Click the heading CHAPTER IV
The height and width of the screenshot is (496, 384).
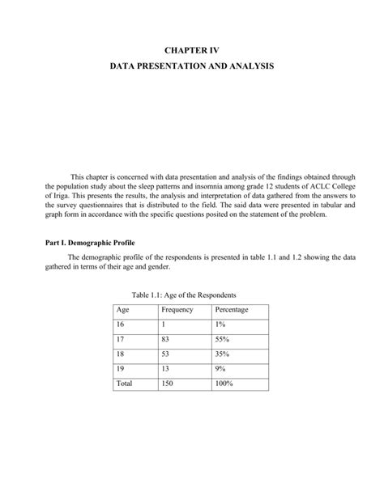(192, 51)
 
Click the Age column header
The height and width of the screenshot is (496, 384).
(123, 310)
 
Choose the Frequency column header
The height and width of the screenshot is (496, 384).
(177, 310)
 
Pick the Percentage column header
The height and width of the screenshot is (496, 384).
(232, 310)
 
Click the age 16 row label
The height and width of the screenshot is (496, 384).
(122, 324)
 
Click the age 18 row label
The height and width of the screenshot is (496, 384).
(122, 354)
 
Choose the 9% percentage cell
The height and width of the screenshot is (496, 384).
(220, 369)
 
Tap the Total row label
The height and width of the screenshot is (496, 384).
(125, 384)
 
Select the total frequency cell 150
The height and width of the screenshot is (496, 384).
(169, 384)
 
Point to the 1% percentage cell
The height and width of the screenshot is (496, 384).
(220, 324)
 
